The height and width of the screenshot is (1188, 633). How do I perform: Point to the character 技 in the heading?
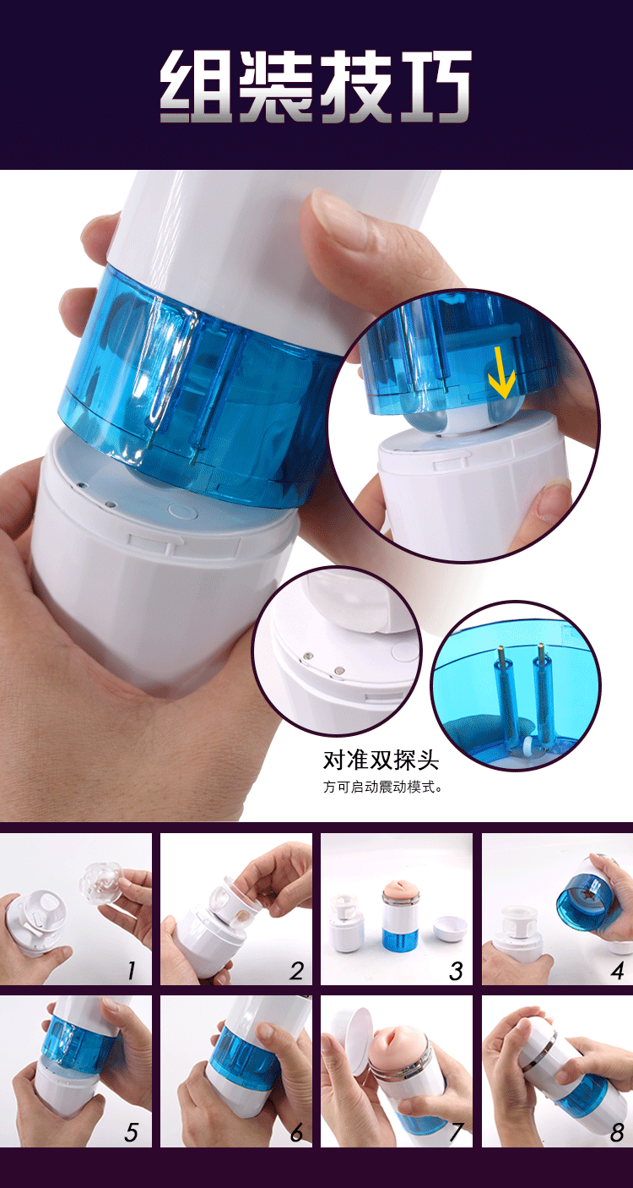pyautogui.click(x=354, y=87)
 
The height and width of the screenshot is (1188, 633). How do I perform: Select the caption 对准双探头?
pyautogui.click(x=381, y=760)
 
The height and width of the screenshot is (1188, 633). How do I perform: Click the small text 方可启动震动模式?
pyautogui.click(x=382, y=787)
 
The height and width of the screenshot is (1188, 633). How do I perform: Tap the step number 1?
pyautogui.click(x=132, y=971)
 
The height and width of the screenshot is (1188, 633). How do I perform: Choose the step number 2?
pyautogui.click(x=295, y=971)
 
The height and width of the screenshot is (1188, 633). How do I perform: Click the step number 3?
pyautogui.click(x=456, y=971)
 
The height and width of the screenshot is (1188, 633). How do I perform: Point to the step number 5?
pyautogui.click(x=132, y=1132)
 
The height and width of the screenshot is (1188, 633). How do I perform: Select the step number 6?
pyautogui.click(x=295, y=1132)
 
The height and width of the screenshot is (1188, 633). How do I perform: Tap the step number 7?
pyautogui.click(x=456, y=1132)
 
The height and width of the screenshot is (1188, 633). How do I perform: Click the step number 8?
pyautogui.click(x=617, y=1132)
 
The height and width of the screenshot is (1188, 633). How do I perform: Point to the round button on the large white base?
pyautogui.click(x=180, y=510)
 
